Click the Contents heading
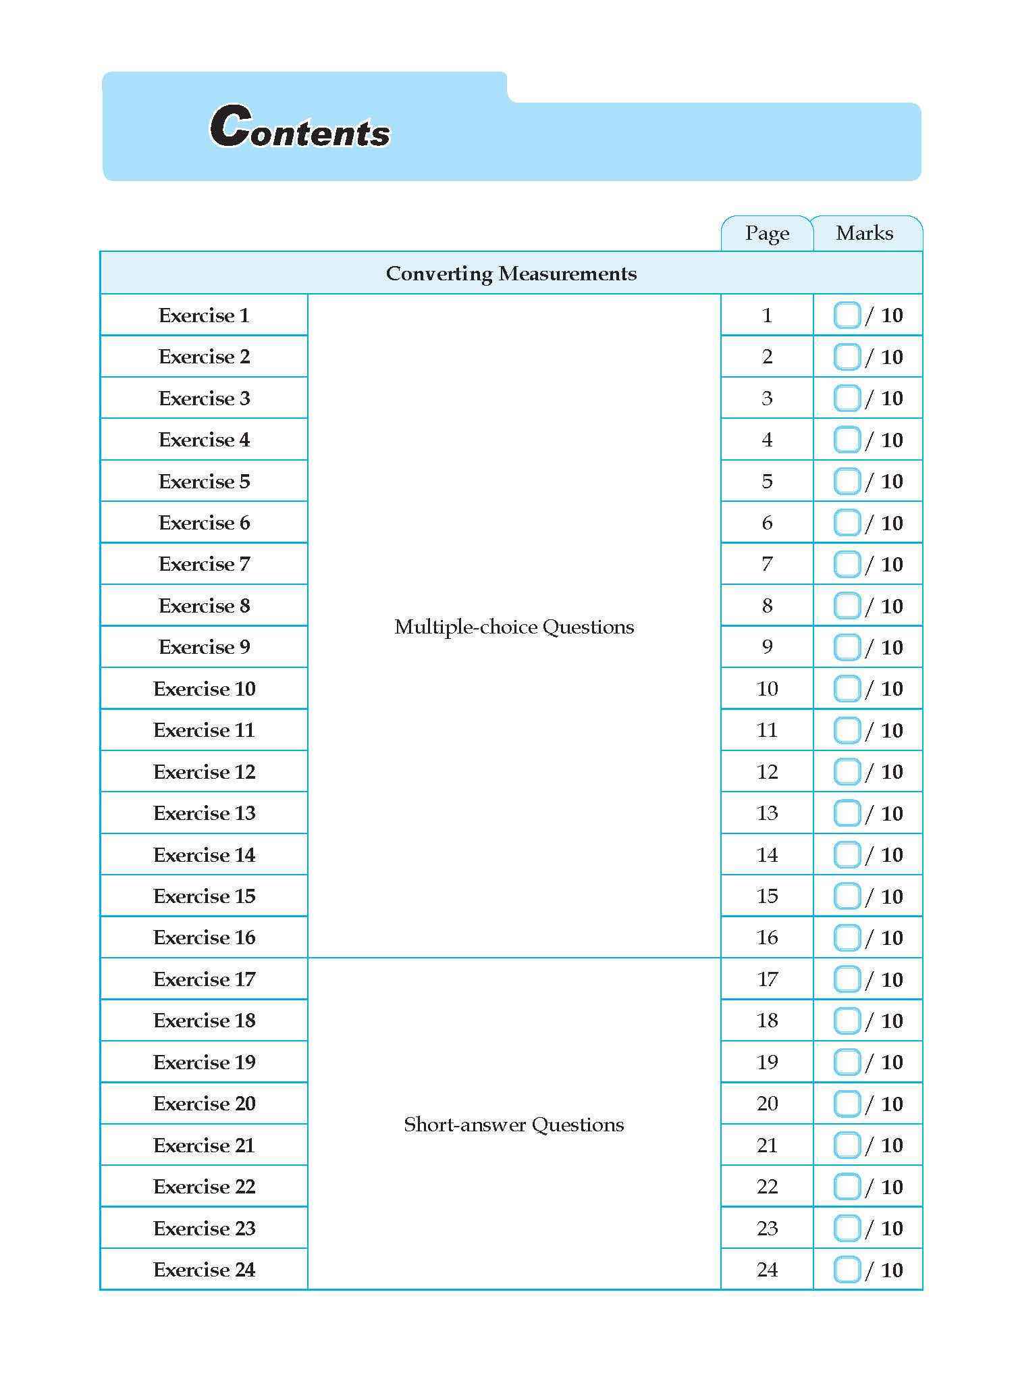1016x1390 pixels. [300, 128]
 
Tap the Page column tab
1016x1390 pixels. [767, 234]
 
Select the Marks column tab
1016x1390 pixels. [864, 234]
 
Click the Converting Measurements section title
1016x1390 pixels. [511, 274]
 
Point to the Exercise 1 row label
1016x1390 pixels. [204, 315]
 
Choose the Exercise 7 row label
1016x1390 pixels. [204, 564]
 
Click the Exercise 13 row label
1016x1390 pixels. [204, 813]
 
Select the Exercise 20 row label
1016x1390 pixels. [204, 1104]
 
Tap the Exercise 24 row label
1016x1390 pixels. [204, 1270]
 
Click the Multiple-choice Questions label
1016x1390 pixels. [514, 627]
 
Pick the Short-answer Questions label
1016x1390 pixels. [514, 1125]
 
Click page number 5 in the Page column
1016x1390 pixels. [767, 482]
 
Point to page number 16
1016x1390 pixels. [767, 937]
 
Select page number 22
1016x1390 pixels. [767, 1187]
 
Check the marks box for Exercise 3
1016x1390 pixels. [847, 398]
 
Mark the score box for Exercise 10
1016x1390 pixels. [847, 689]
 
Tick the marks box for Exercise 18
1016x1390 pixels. [847, 1021]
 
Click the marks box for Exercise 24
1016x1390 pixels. [847, 1270]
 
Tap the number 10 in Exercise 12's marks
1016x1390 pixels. [892, 772]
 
